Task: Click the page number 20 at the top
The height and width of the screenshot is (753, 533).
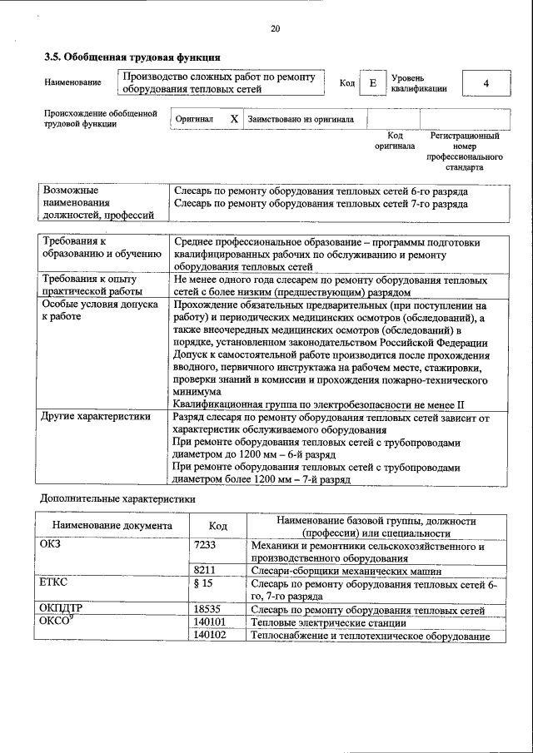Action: [276, 29]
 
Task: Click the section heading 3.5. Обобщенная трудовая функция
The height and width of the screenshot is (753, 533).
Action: [132, 58]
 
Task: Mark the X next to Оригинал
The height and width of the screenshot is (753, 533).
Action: [234, 120]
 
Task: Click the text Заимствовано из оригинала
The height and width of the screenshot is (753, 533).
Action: [301, 120]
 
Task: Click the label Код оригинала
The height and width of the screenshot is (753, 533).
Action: [395, 140]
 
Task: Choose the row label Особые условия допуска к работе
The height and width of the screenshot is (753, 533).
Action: [100, 311]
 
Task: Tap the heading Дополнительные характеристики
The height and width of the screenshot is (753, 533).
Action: [118, 499]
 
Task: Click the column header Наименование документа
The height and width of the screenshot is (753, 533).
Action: [112, 526]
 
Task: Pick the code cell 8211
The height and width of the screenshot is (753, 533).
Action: [205, 572]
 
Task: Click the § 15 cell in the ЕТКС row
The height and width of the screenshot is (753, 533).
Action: [203, 585]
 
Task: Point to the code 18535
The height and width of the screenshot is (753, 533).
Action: [207, 610]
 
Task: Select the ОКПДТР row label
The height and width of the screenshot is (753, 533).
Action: [61, 610]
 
